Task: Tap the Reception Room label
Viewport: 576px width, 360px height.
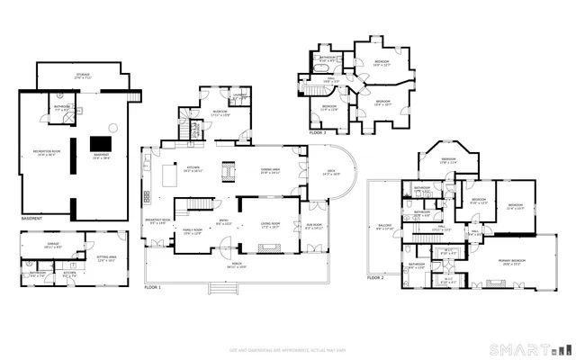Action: tap(47, 152)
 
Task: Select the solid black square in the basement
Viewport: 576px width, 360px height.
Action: tap(100, 144)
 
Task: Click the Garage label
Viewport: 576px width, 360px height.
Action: tap(53, 243)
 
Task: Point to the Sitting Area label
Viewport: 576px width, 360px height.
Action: tap(107, 258)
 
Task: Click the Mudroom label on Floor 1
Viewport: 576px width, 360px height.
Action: tap(220, 112)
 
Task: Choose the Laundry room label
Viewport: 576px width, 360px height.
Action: tap(240, 97)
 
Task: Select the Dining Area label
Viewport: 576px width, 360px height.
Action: tap(271, 170)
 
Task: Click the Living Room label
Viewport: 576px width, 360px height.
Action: tap(269, 225)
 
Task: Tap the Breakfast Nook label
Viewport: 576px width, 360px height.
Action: tap(157, 221)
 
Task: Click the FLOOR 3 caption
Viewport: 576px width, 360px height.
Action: tap(317, 132)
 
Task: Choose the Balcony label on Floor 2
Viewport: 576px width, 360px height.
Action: tap(383, 228)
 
